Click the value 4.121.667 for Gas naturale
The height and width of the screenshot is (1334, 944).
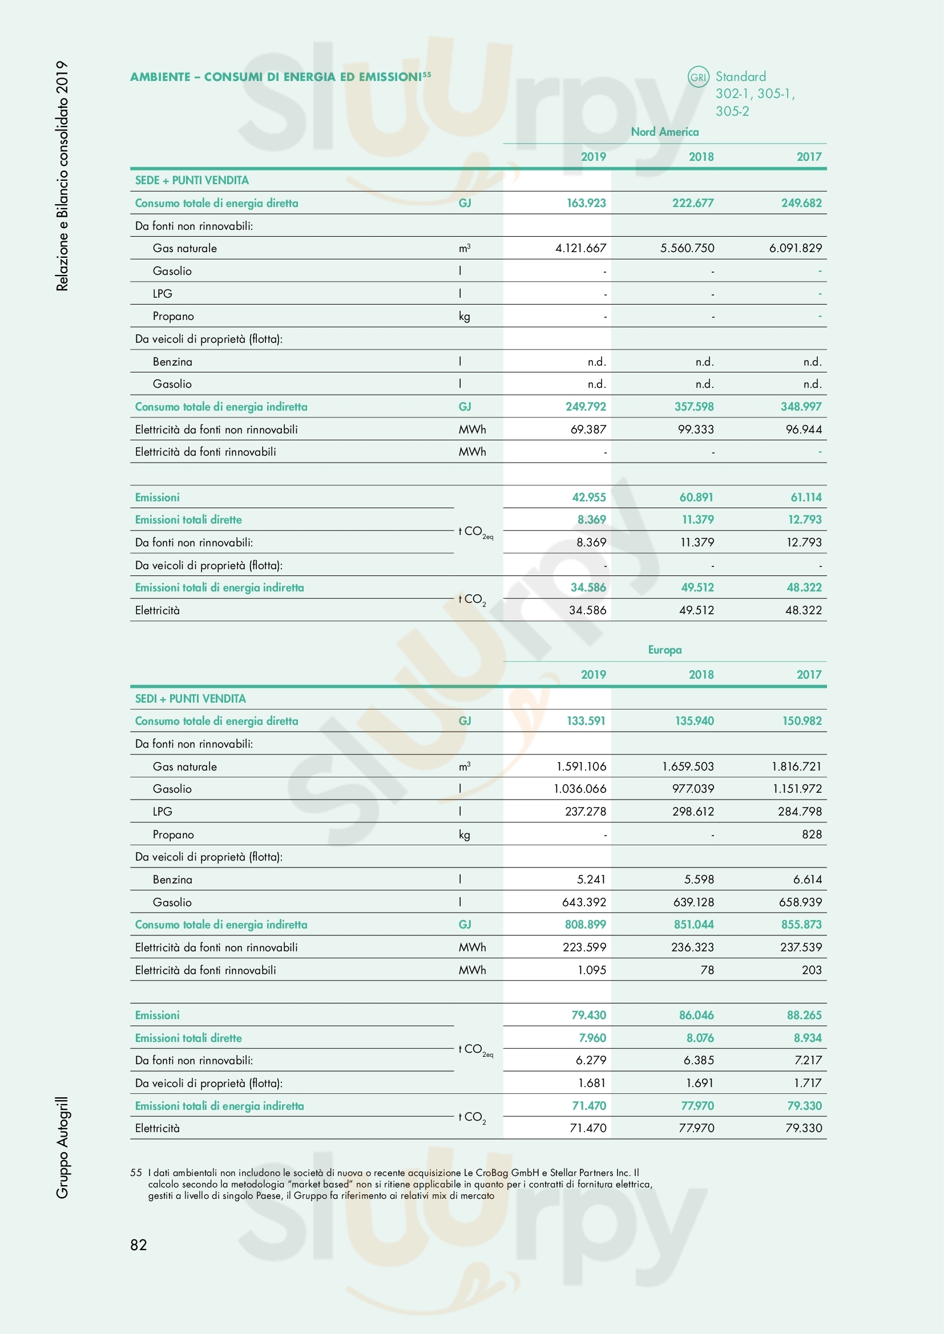580,248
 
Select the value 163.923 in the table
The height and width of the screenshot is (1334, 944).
586,203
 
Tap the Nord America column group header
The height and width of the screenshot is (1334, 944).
664,132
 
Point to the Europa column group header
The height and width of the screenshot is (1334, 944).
664,650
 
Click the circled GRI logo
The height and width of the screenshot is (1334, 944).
698,76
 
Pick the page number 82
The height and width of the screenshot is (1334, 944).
138,1244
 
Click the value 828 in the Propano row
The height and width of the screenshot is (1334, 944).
812,834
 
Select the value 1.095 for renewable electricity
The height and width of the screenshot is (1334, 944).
592,970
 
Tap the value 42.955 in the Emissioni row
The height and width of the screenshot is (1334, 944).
588,497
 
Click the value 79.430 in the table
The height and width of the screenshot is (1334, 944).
588,1015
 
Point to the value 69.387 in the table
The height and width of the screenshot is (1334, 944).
588,429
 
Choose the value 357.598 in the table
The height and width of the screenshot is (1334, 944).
694,407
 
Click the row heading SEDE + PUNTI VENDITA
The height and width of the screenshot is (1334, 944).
192,180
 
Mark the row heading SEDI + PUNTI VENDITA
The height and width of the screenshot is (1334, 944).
191,699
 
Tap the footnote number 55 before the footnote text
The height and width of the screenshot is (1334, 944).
136,1173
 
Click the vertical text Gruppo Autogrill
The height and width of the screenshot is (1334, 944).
62,1148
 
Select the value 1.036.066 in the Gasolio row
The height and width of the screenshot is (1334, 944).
579,789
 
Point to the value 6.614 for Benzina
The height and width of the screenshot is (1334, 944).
808,879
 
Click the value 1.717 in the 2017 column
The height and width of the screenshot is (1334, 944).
808,1083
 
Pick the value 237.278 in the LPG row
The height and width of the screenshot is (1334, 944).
586,812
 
